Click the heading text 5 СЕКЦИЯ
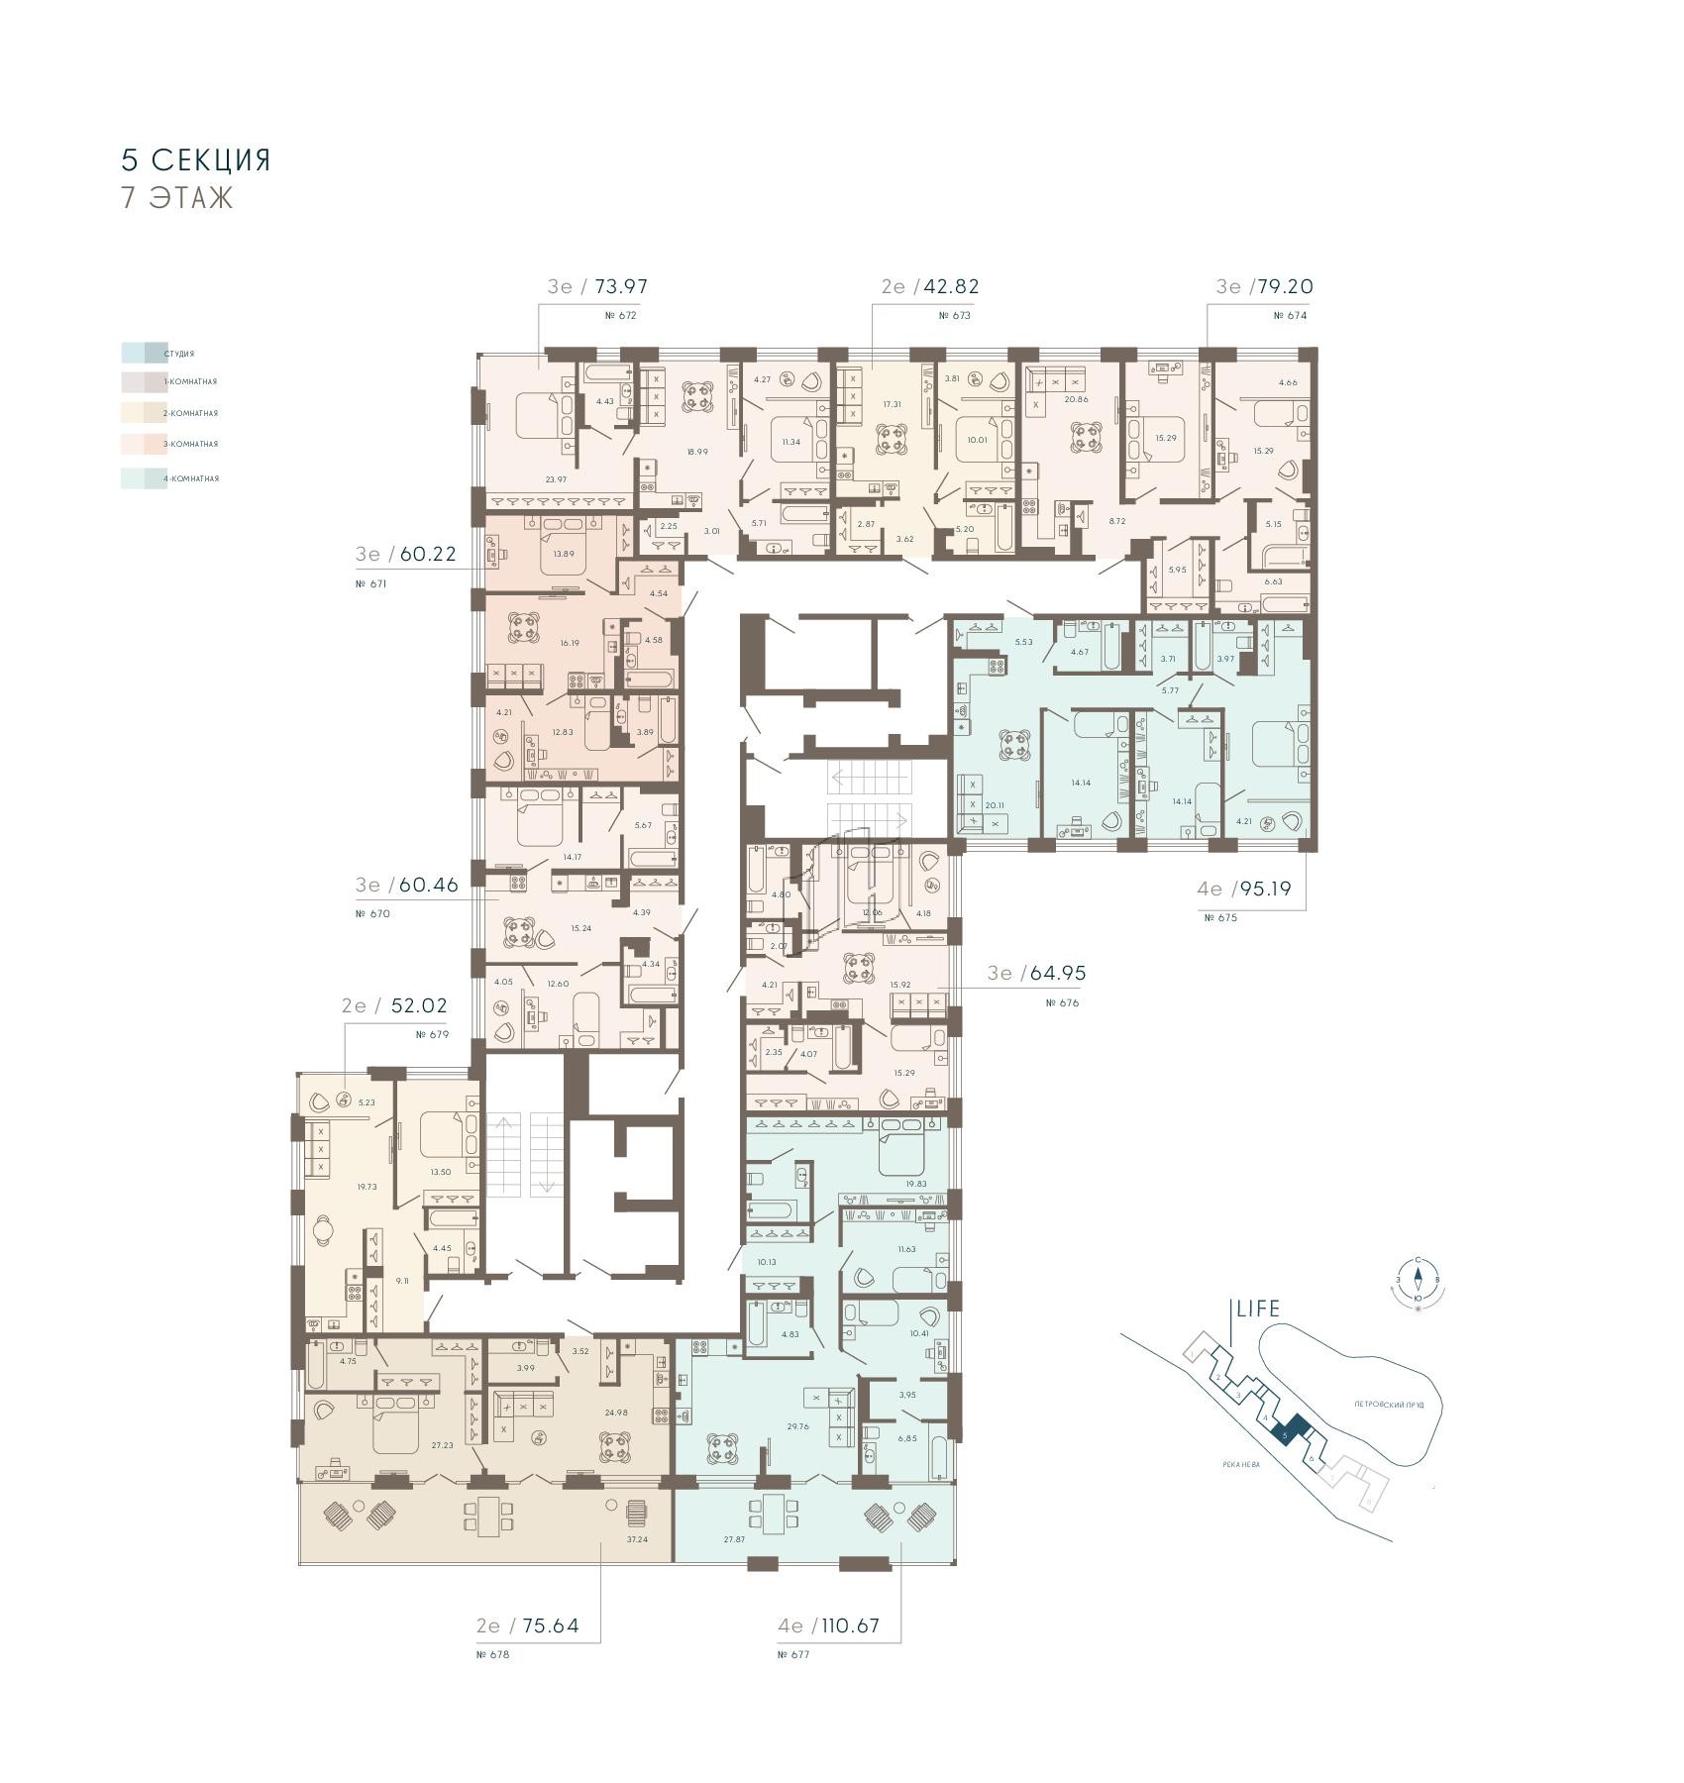(196, 159)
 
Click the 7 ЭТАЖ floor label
(177, 198)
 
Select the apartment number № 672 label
(620, 316)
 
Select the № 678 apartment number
(492, 1654)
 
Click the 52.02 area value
(419, 1005)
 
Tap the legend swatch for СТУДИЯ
(145, 353)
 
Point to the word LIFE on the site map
(1258, 1309)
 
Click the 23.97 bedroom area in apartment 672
(556, 479)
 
